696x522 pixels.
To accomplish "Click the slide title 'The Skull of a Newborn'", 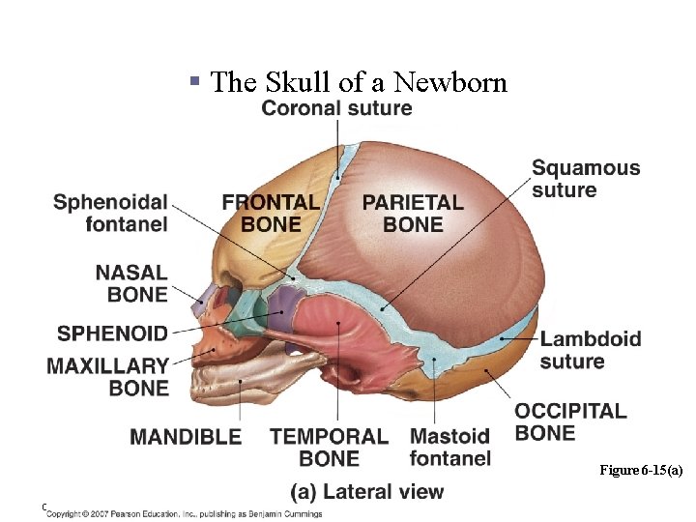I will [x=358, y=82].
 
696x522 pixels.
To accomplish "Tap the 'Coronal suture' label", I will [x=336, y=108].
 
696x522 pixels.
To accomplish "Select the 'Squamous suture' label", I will [x=585, y=179].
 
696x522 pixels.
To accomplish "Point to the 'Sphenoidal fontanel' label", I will [x=110, y=214].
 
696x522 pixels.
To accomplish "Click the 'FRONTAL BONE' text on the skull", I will [x=271, y=214].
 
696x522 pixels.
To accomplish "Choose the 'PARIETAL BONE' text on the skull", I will [x=413, y=214].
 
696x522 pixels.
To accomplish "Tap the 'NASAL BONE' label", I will [x=131, y=284].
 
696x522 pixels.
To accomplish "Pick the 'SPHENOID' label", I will [x=112, y=333].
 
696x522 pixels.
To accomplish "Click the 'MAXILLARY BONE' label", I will [x=108, y=377].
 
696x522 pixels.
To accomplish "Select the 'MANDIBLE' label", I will [x=186, y=437].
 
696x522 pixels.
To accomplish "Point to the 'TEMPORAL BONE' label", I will [x=329, y=448].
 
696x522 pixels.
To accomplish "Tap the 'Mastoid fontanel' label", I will [x=449, y=448].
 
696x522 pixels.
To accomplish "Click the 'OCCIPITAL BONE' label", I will [x=570, y=421].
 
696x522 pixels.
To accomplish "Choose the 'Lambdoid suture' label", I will [x=590, y=350].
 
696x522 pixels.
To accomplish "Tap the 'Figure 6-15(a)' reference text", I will [x=641, y=470].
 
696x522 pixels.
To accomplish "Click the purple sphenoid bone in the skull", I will [x=282, y=305].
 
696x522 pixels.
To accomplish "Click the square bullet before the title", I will [x=195, y=83].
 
